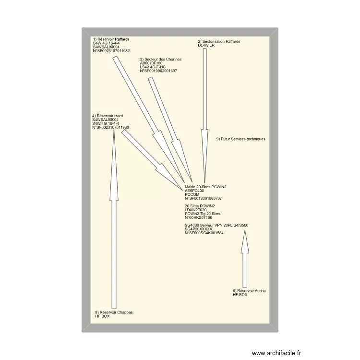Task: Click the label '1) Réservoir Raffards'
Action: point(111,39)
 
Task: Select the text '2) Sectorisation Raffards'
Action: point(219,41)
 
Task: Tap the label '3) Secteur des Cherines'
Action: point(161,59)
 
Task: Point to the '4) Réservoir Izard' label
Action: point(108,116)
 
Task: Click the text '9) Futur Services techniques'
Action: point(240,139)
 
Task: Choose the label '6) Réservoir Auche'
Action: point(249,291)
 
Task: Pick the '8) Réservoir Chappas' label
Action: point(114,312)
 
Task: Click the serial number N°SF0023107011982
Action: point(111,50)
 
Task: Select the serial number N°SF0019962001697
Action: point(158,71)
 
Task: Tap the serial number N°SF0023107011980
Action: point(110,127)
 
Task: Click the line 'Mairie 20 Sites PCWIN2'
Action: point(205,186)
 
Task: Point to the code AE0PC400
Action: point(194,190)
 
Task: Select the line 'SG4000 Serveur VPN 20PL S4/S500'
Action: point(216,225)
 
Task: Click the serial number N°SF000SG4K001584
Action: point(204,233)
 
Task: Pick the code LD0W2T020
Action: point(195,210)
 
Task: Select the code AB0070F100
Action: point(151,63)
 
